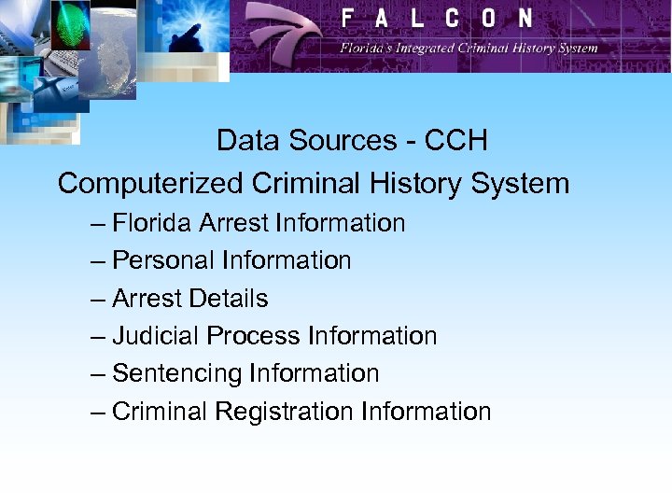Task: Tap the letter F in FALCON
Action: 348,18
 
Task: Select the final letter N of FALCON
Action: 525,18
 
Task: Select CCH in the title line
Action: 455,141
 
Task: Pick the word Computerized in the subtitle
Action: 150,183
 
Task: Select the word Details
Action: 228,299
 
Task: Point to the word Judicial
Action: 156,336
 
